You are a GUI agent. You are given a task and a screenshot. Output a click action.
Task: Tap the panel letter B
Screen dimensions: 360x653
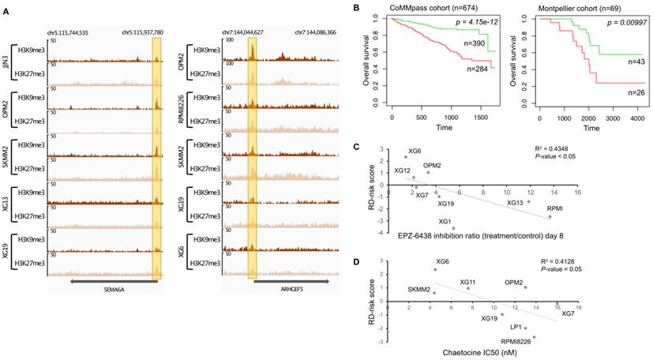pyautogui.click(x=356, y=8)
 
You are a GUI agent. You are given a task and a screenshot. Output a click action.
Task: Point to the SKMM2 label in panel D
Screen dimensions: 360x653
pyautogui.click(x=418, y=291)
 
